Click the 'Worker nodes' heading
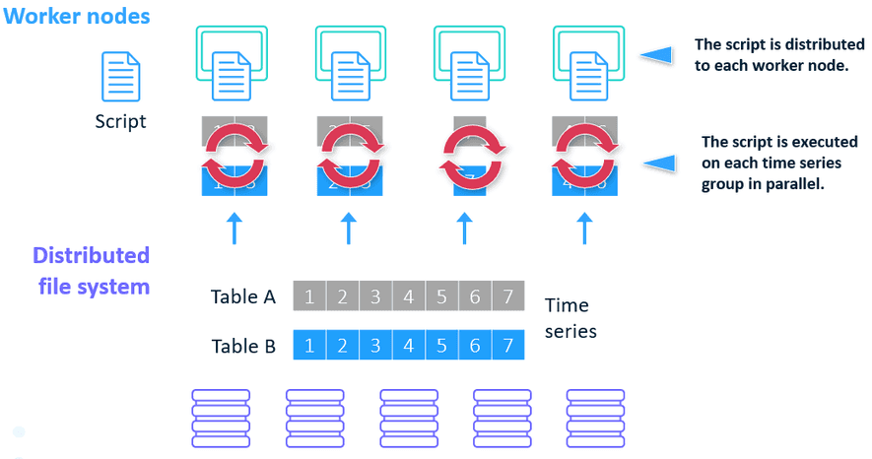76,17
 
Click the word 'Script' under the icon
120,122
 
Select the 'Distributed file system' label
91,271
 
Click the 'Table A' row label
243,296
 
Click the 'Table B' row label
243,346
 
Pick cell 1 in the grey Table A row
309,295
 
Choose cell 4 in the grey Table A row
408,295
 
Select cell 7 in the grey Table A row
507,295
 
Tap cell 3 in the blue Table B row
375,346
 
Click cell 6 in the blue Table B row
475,346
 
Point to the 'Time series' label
571,318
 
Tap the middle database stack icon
408,417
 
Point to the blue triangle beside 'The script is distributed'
656,55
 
